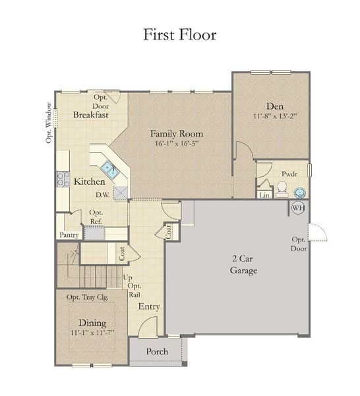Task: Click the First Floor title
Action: [x=180, y=34]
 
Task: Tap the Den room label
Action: [x=274, y=106]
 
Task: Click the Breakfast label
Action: [x=91, y=115]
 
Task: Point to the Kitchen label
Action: [x=89, y=181]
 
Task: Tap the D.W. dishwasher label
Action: [x=102, y=195]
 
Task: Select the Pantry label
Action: [x=69, y=235]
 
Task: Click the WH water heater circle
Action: [x=299, y=208]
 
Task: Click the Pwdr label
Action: [x=289, y=174]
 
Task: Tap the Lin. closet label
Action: [x=264, y=195]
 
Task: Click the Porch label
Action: [x=156, y=351]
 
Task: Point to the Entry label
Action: [x=148, y=306]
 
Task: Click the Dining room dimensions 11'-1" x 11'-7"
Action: [x=92, y=333]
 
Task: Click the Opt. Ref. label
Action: [x=96, y=216]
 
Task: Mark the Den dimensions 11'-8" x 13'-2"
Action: [x=275, y=116]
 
